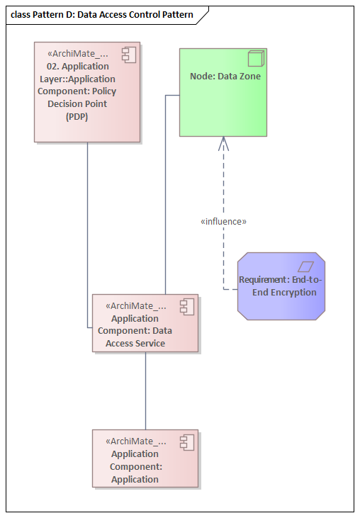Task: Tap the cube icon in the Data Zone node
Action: (257, 59)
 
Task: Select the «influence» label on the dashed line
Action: (224, 222)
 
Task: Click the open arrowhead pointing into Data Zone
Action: (224, 143)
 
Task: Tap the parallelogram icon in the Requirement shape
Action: (305, 266)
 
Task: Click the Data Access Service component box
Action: (145, 324)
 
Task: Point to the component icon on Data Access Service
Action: (187, 306)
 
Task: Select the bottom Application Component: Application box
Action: (145, 458)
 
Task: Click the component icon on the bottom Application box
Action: (187, 441)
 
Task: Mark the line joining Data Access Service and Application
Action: (145, 390)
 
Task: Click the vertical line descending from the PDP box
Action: (88, 234)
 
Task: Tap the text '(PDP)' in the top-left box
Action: (77, 116)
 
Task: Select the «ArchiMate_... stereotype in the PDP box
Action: (77, 53)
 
